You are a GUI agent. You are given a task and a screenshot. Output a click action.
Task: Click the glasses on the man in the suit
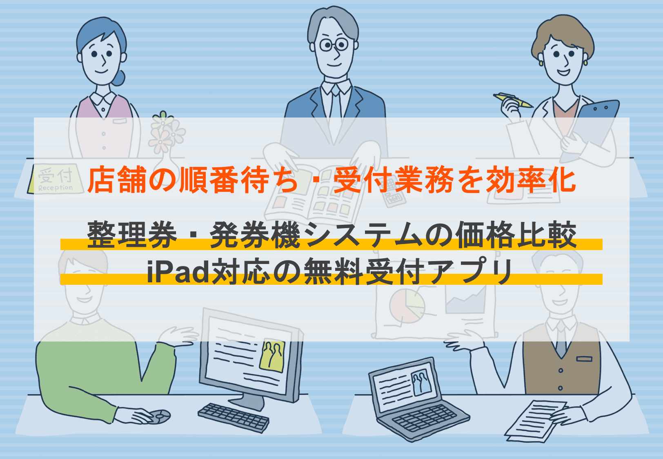pyautogui.click(x=334, y=44)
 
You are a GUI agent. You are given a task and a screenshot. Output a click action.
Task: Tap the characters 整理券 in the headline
pyautogui.click(x=132, y=235)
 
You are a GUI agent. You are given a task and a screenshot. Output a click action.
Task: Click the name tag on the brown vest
pyautogui.click(x=584, y=359)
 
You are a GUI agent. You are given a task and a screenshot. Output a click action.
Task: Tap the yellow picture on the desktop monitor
pyautogui.click(x=272, y=355)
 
